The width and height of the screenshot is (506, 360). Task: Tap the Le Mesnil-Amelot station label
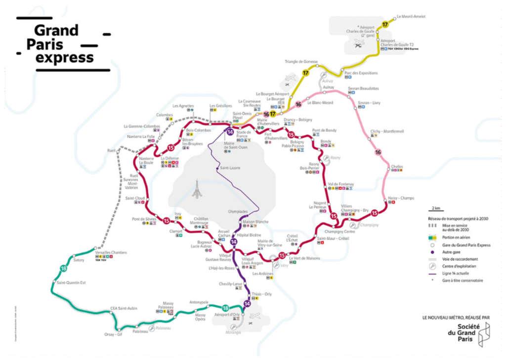tap(411, 16)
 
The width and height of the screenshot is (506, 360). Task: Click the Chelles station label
tap(397, 166)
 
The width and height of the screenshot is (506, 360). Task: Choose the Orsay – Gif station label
tap(113, 334)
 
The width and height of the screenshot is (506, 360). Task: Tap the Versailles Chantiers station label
tap(111, 253)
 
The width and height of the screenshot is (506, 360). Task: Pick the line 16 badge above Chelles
tap(379, 152)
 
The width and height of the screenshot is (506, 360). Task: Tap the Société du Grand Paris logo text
tap(462, 332)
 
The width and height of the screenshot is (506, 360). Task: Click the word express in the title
tap(65, 58)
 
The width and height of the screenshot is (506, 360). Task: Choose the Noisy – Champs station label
tap(401, 198)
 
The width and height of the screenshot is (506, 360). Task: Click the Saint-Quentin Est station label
tap(71, 283)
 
